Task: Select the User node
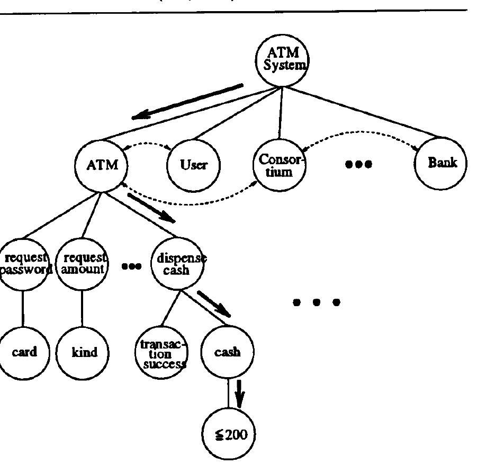(x=193, y=165)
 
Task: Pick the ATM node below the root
(x=101, y=165)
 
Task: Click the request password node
(x=24, y=263)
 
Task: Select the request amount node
(x=82, y=263)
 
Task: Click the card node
(x=24, y=352)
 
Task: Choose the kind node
(x=84, y=352)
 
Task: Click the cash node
(x=228, y=352)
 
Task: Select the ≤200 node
(x=229, y=435)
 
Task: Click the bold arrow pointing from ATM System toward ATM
(x=187, y=101)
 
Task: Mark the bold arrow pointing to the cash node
(x=214, y=303)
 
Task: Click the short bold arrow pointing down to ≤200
(x=240, y=394)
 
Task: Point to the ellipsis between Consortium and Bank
(x=358, y=164)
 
